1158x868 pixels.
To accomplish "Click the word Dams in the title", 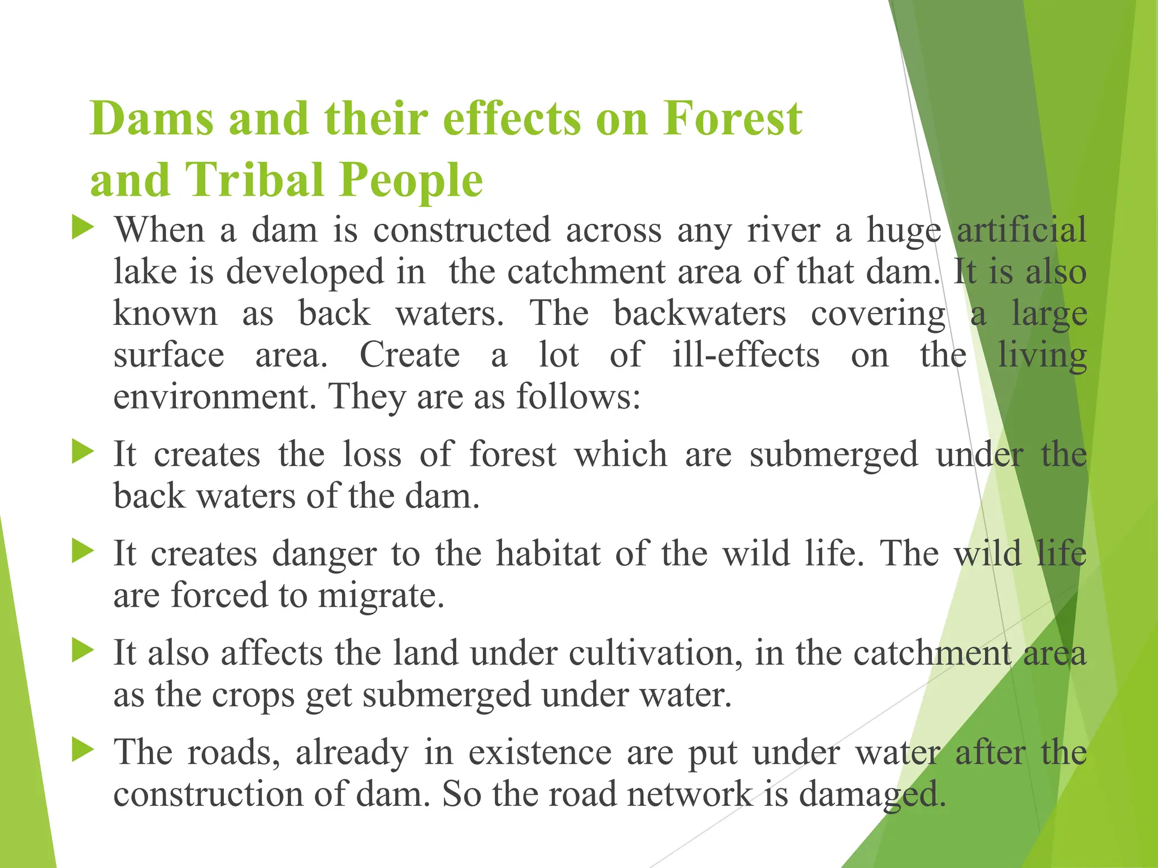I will click(152, 119).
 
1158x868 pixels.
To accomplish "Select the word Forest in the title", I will click(733, 119).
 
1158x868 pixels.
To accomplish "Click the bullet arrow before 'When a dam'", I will click(83, 229).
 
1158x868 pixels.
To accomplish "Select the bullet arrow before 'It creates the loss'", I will click(83, 453).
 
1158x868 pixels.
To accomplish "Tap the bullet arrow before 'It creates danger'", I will click(83, 552).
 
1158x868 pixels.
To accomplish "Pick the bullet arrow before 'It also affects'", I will click(83, 652).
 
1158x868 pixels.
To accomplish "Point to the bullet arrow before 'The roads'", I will click(83, 751).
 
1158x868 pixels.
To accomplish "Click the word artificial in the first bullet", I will click(1021, 230).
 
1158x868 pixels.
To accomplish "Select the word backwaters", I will click(699, 314).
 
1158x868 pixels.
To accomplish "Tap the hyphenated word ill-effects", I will click(746, 355).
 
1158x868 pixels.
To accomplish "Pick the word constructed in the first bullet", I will click(461, 230).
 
